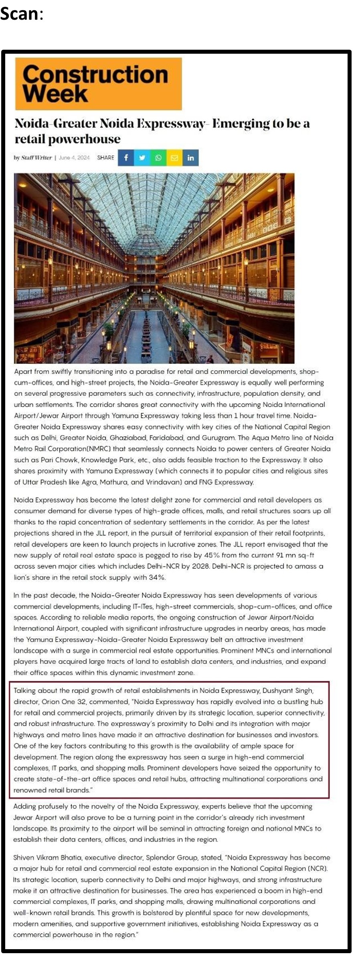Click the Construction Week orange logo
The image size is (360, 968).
(x=98, y=84)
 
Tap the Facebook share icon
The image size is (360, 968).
(x=126, y=158)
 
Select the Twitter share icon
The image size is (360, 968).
(x=142, y=158)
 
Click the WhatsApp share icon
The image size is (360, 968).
(x=158, y=158)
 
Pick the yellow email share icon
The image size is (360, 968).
(x=174, y=158)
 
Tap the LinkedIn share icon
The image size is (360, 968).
(x=190, y=158)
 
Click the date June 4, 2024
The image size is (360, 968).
(x=74, y=158)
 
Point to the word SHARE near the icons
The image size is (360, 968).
(x=105, y=158)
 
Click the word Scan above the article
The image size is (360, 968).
(x=19, y=14)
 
